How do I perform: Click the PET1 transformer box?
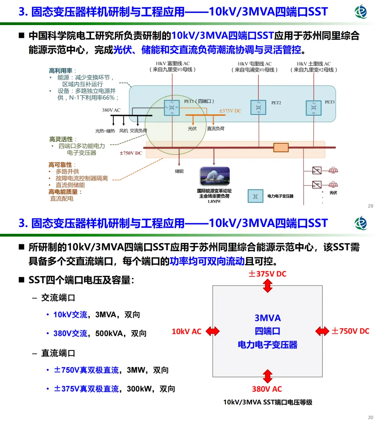click(x=172, y=108)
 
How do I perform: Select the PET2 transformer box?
click(x=258, y=107)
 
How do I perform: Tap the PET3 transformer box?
click(x=313, y=108)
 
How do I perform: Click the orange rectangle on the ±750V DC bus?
click(x=281, y=147)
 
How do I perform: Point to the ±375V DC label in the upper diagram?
click(x=230, y=111)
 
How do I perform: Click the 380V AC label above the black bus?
click(x=111, y=110)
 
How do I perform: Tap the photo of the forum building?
click(x=215, y=176)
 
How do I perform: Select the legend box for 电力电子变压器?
click(x=255, y=196)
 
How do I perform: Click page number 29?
click(x=370, y=206)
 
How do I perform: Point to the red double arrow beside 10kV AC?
click(x=212, y=331)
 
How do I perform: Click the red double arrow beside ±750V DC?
click(x=322, y=331)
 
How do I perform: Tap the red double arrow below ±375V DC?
click(x=267, y=286)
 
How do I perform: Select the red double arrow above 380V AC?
click(x=267, y=376)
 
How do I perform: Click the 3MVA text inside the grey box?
click(x=268, y=318)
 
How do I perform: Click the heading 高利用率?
click(x=61, y=71)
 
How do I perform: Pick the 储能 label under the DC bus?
click(x=179, y=171)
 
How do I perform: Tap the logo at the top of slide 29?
click(x=361, y=11)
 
